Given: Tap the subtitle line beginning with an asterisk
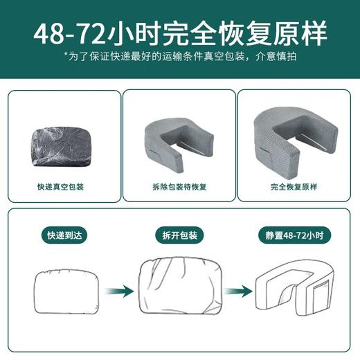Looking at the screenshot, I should pyautogui.click(x=180, y=56).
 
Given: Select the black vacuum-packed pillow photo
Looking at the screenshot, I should pyautogui.click(x=62, y=141).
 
